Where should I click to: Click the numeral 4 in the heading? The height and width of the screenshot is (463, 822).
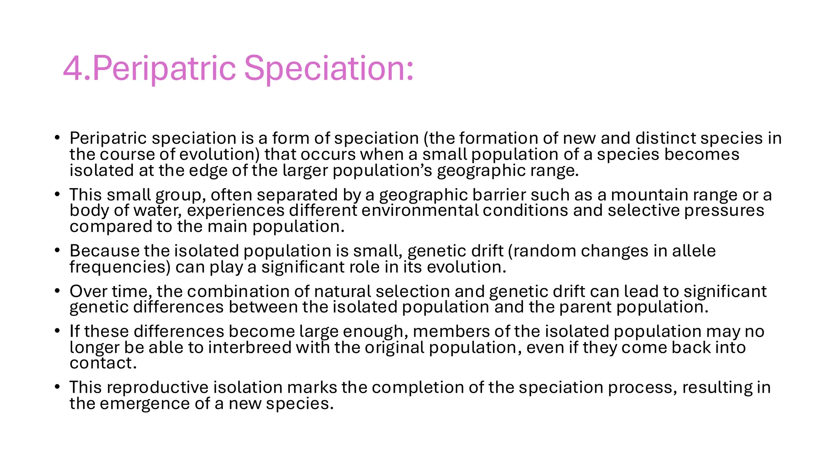coord(73,69)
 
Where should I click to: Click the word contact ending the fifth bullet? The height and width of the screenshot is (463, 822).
coord(103,363)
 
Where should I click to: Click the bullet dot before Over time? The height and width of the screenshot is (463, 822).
coord(57,291)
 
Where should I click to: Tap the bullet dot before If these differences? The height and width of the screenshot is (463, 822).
coord(57,331)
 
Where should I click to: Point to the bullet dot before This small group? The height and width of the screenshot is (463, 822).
coord(57,194)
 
